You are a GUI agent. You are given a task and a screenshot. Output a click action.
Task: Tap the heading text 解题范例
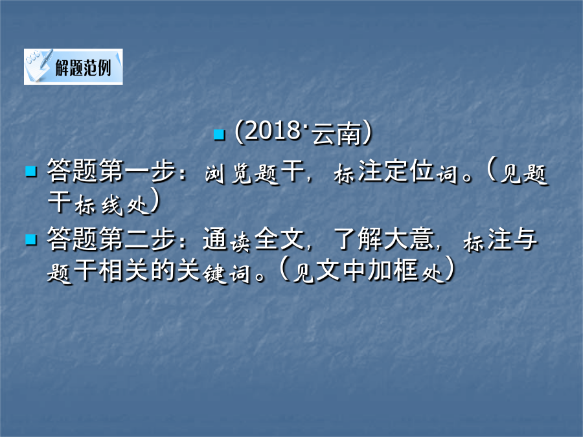click(84, 67)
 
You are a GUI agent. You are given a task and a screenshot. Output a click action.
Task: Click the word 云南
click(336, 133)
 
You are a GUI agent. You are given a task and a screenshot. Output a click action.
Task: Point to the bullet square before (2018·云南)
click(220, 135)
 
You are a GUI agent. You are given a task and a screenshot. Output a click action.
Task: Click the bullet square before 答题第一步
click(31, 172)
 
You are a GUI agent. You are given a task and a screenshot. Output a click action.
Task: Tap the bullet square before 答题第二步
click(31, 240)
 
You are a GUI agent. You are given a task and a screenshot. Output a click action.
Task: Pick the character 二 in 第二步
click(137, 240)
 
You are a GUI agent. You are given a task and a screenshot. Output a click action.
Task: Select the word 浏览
click(228, 173)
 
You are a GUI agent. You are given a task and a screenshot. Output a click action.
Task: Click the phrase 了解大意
click(383, 239)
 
